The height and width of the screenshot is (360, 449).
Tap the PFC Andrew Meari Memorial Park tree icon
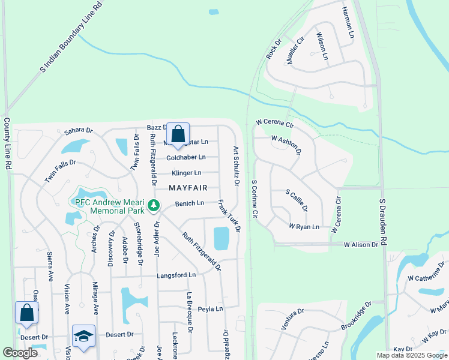(x=154, y=206)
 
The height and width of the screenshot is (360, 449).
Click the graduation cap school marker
(x=83, y=336)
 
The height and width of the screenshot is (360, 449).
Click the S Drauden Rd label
(x=382, y=223)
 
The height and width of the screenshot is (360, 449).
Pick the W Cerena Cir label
(x=274, y=124)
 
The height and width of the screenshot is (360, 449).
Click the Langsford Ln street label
(x=176, y=275)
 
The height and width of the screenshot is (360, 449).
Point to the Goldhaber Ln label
(x=185, y=157)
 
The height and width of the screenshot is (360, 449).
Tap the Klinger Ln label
(x=186, y=173)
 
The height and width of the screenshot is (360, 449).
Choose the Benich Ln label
(x=190, y=203)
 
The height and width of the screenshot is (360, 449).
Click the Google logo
(x=20, y=353)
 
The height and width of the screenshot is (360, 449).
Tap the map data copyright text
(x=411, y=355)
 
